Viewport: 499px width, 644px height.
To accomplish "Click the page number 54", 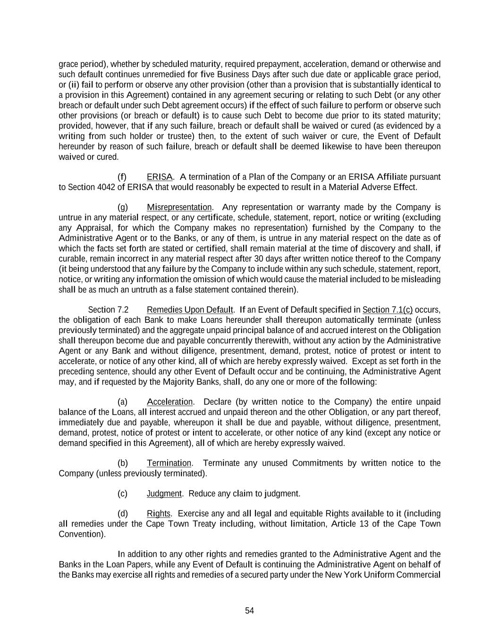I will point(249,611).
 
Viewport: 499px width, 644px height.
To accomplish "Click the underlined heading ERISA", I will point(160,177).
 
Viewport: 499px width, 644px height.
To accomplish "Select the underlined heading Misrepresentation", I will point(179,207).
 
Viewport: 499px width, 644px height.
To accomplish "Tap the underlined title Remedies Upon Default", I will point(190,310).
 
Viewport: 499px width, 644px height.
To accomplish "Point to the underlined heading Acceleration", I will point(169,402).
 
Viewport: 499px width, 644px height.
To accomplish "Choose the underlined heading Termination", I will point(169,463).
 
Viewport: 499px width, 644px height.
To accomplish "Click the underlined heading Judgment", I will point(164,494).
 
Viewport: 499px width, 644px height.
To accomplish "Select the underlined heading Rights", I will point(158,514).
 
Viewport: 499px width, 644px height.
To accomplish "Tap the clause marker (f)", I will point(122,177).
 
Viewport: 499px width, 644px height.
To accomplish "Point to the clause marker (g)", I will point(122,207).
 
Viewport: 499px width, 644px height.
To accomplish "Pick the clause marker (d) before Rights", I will point(122,514).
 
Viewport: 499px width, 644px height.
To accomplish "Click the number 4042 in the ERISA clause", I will point(106,187).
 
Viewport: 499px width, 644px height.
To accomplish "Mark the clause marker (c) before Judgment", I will point(122,494).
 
